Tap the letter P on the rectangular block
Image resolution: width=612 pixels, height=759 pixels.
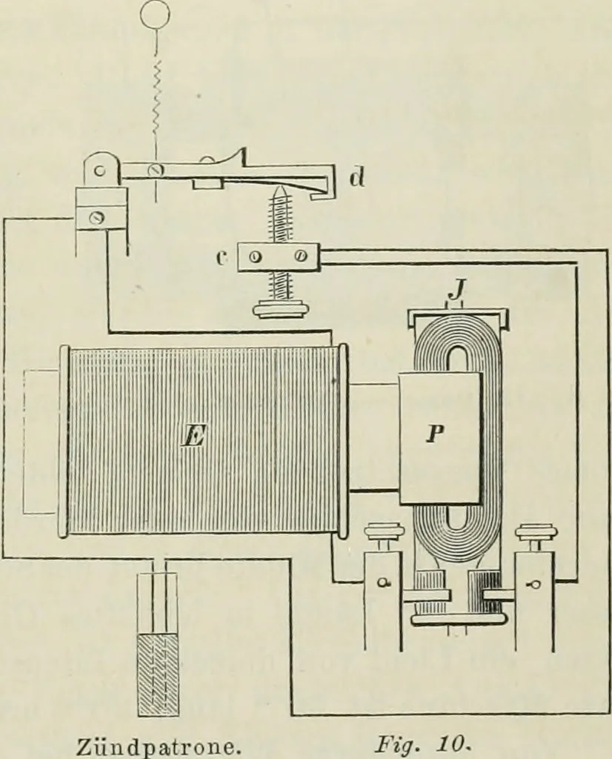pos(435,434)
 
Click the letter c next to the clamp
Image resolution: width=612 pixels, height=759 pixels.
pos(222,258)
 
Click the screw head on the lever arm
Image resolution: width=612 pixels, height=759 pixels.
pos(156,170)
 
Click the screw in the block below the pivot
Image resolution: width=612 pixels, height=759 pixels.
pos(96,218)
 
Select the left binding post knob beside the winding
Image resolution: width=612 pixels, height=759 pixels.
pos(382,532)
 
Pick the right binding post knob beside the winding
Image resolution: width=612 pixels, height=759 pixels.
pos(533,532)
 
